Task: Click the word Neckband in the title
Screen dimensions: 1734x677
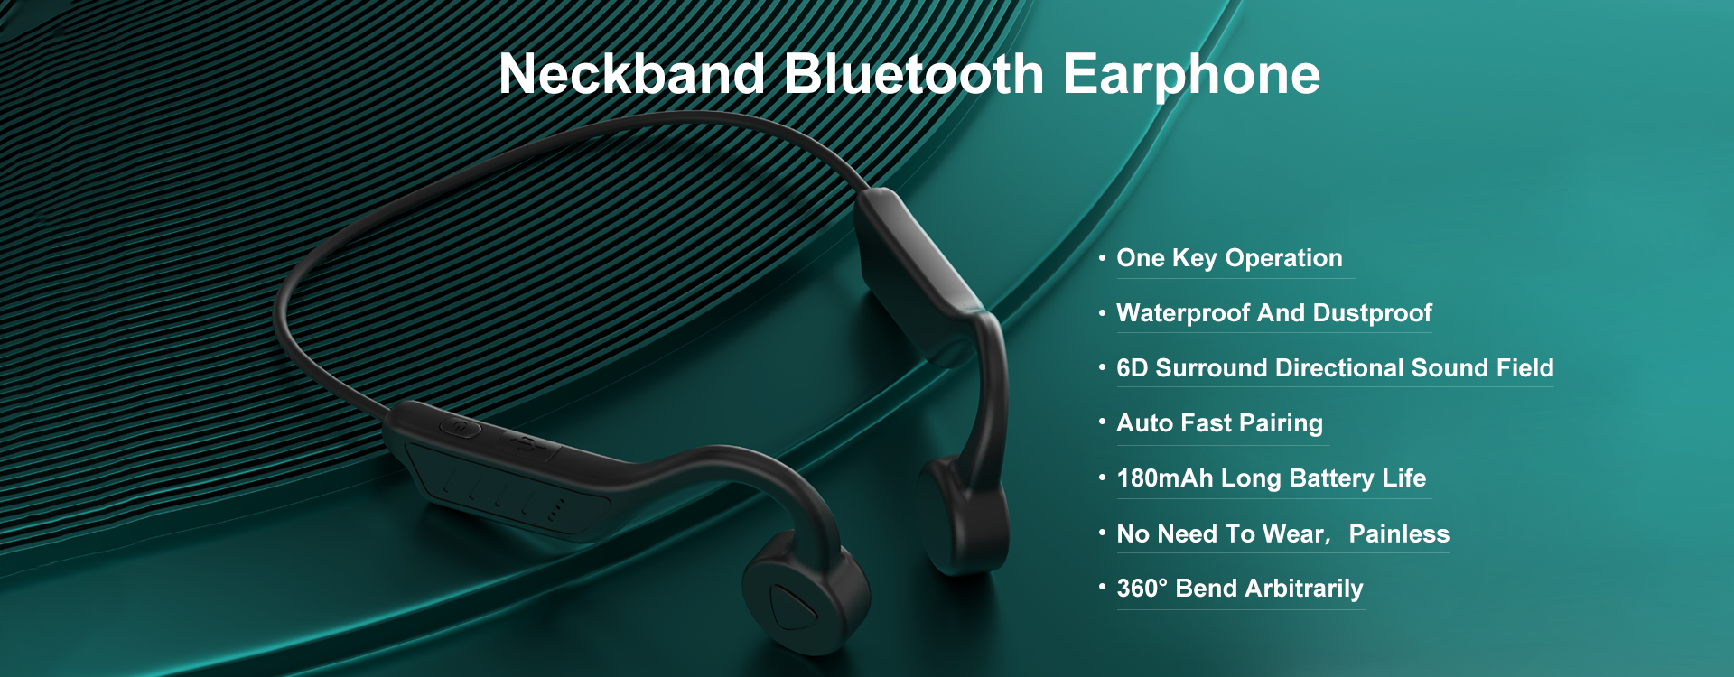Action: pos(632,74)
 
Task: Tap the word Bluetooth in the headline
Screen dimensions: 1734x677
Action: pos(914,74)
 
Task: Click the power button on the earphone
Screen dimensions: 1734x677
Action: pos(460,426)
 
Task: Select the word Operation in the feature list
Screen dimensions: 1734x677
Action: pos(1283,259)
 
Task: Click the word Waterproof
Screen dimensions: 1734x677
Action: pos(1183,313)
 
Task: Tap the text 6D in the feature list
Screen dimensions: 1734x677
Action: pos(1132,368)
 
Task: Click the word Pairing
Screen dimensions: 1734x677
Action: pos(1281,423)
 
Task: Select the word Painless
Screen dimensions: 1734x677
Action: pos(1399,534)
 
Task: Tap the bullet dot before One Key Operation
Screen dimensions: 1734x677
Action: pos(1102,257)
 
